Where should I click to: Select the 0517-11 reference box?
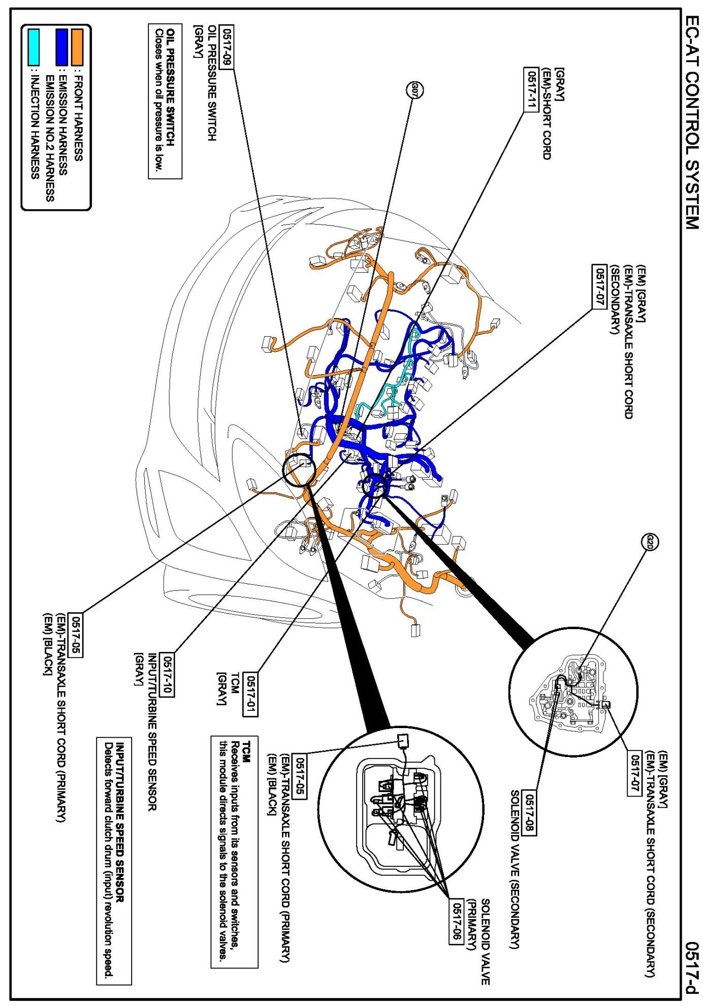[x=531, y=89]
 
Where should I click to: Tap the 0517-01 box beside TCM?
[x=251, y=694]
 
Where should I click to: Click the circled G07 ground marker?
[x=414, y=91]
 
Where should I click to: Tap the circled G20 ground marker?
[x=650, y=543]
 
